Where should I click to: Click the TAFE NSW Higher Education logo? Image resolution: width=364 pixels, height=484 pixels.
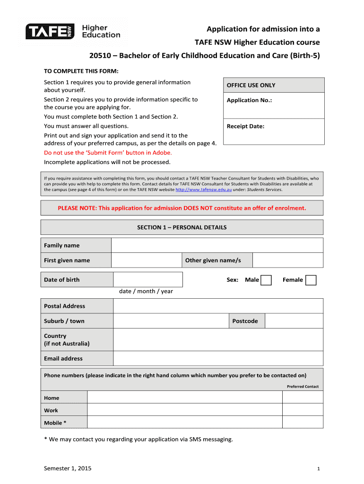pyautogui.click(x=73, y=32)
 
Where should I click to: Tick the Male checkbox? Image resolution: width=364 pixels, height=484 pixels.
pyautogui.click(x=266, y=280)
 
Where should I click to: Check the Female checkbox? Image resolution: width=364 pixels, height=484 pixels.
pyautogui.click(x=311, y=280)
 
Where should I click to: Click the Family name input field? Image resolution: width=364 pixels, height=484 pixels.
pyautogui.click(x=217, y=245)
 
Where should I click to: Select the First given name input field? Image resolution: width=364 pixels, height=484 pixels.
pyautogui.click(x=147, y=260)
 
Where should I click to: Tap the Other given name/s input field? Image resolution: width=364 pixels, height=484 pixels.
pyautogui.click(x=288, y=260)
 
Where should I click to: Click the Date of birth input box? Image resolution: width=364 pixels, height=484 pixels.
pyautogui.click(x=148, y=279)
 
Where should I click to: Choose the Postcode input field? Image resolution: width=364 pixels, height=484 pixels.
pyautogui.click(x=294, y=321)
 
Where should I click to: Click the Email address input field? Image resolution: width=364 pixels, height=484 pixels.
pyautogui.click(x=218, y=358)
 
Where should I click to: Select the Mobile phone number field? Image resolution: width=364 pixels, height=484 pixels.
pyautogui.click(x=185, y=423)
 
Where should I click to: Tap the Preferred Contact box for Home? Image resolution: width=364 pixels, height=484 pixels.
pyautogui.click(x=303, y=398)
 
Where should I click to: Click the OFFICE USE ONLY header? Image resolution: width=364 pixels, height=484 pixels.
pyautogui.click(x=251, y=86)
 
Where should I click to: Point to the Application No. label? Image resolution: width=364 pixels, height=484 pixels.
pyautogui.click(x=249, y=100)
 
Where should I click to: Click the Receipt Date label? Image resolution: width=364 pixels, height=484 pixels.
pyautogui.click(x=245, y=126)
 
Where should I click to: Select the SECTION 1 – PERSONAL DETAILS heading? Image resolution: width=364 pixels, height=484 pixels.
pyautogui.click(x=182, y=227)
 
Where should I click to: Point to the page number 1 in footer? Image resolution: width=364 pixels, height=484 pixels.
pyautogui.click(x=319, y=469)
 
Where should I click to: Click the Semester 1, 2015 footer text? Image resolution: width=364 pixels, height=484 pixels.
pyautogui.click(x=68, y=468)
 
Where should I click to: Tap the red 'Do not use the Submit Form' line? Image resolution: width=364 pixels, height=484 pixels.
pyautogui.click(x=108, y=153)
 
